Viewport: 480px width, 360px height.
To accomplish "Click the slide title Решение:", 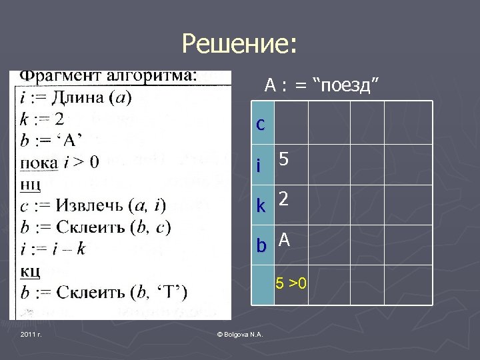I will coord(239,45).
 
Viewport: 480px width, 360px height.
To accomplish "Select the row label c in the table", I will coord(261,124).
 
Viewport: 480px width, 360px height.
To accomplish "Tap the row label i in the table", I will coord(258,166).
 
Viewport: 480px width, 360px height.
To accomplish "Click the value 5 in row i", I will coord(284,159).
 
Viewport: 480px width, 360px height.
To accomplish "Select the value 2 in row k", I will coord(284,199).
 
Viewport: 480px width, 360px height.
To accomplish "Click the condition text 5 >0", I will coord(292,284).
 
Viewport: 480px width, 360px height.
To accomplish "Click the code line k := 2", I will coord(43,119).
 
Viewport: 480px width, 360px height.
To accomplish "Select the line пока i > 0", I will coord(59,162).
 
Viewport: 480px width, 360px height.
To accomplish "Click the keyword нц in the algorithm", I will coord(31,183).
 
